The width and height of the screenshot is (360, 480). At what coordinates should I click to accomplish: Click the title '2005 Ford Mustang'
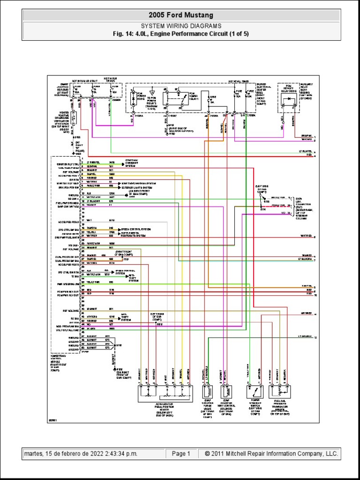click(180, 15)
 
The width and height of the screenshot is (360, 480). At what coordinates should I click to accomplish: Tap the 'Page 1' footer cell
click(181, 454)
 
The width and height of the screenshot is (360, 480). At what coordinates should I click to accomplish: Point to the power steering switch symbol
click(254, 392)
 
